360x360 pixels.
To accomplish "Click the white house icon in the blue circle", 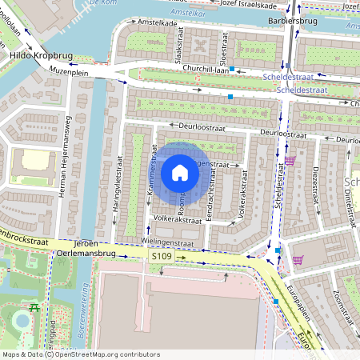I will click(x=180, y=173).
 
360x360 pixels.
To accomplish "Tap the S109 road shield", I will click(x=162, y=256).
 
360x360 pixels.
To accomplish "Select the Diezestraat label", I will click(x=316, y=186).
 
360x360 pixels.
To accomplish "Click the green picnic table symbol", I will click(x=34, y=306).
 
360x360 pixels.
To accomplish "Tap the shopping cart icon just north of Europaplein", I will click(x=298, y=259).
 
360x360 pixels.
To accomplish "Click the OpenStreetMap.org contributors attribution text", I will click(x=104, y=354).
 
